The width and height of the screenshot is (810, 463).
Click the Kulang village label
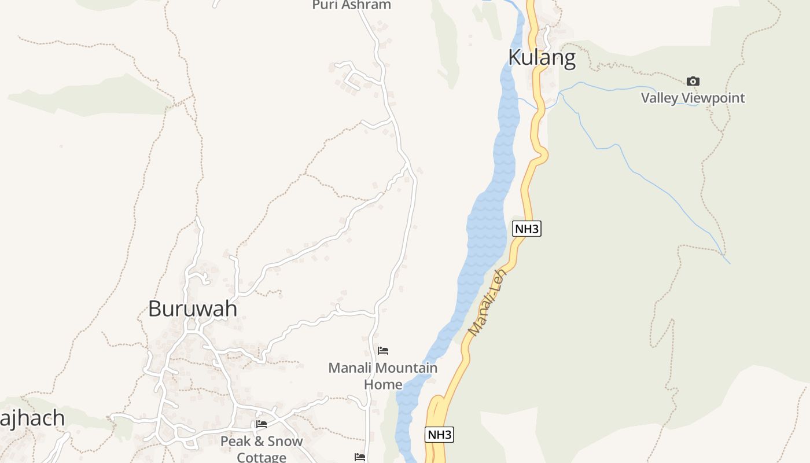pos(542,58)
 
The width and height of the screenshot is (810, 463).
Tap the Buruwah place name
pos(193,308)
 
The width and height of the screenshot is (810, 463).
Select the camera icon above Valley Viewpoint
pos(693,82)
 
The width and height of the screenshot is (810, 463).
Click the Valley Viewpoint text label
pos(693,98)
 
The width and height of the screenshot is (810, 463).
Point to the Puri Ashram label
pos(351,5)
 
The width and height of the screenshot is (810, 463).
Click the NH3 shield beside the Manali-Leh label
pos(526,229)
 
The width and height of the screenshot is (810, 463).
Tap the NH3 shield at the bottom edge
pos(439,435)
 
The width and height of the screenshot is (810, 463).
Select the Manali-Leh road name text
pos(487,302)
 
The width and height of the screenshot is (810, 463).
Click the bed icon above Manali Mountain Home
pos(382,351)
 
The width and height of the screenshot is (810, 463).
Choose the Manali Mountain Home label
pos(382,376)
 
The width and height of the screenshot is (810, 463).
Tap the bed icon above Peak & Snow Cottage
pos(262,424)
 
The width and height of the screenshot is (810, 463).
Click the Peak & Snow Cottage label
pos(262,449)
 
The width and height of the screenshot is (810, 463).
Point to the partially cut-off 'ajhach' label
pos(32,418)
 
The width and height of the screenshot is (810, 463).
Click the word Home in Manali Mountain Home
pos(382,384)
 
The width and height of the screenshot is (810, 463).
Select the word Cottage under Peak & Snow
pos(262,457)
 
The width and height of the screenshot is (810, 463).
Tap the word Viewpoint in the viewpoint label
pos(713,98)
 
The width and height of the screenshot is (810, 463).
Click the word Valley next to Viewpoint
pos(659,98)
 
